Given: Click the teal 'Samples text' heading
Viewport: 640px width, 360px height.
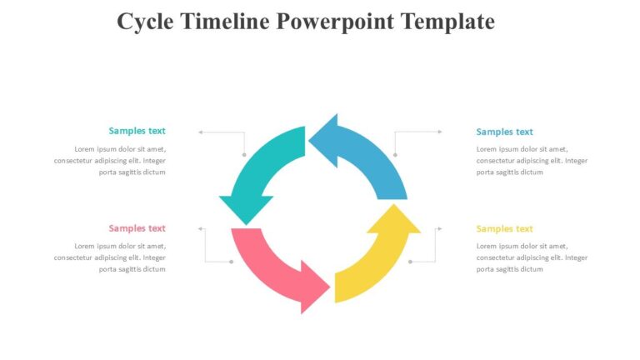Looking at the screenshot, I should tap(137, 131).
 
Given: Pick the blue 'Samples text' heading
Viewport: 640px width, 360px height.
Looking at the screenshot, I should tap(504, 132).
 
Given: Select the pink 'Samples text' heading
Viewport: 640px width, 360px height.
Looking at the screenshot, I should tap(137, 228).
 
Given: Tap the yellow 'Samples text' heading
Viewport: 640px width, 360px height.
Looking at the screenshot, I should tap(504, 229).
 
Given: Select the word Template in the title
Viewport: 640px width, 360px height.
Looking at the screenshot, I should tap(447, 22).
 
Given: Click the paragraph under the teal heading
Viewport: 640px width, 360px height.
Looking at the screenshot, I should tap(110, 161).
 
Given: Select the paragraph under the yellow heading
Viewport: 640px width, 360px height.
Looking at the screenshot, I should tap(532, 257).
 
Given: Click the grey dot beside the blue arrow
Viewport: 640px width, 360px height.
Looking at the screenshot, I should tap(395, 154).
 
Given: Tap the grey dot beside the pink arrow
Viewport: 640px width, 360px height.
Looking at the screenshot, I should tap(231, 262).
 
